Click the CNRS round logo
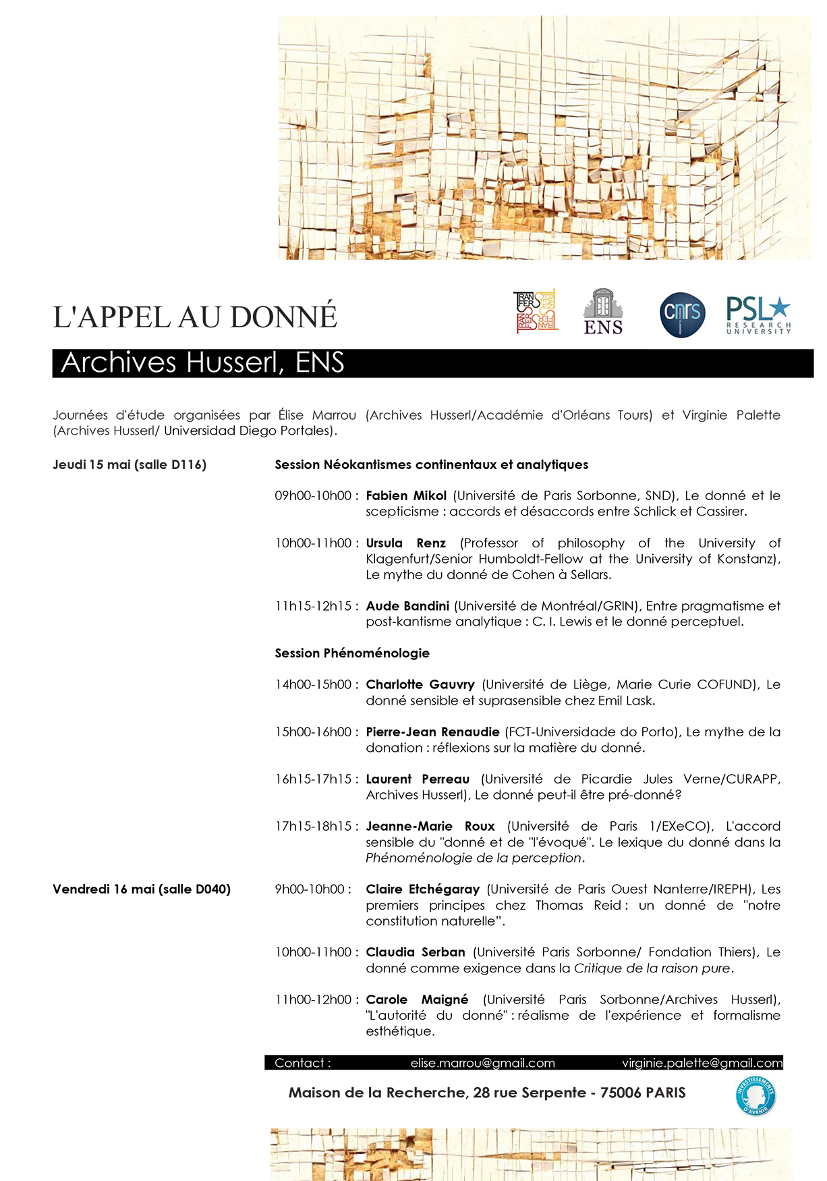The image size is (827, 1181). [682, 314]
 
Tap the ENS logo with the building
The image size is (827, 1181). [603, 312]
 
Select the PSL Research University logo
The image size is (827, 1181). [758, 315]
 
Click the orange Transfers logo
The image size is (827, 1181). [536, 311]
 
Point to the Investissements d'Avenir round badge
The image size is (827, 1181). [755, 1095]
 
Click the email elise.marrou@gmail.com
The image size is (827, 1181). [482, 1063]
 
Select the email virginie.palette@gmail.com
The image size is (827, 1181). [702, 1063]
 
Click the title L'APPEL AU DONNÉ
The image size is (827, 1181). [195, 317]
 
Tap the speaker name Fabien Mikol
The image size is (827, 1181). [406, 495]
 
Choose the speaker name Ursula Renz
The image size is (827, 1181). [405, 543]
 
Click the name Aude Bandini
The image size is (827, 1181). [407, 606]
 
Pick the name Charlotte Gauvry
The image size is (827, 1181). [420, 684]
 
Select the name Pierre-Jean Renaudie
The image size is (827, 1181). [432, 732]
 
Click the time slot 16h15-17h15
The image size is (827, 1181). [313, 779]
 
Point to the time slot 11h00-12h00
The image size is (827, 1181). [313, 999]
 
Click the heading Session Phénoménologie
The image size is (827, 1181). [352, 653]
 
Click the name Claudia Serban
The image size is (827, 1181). [416, 952]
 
